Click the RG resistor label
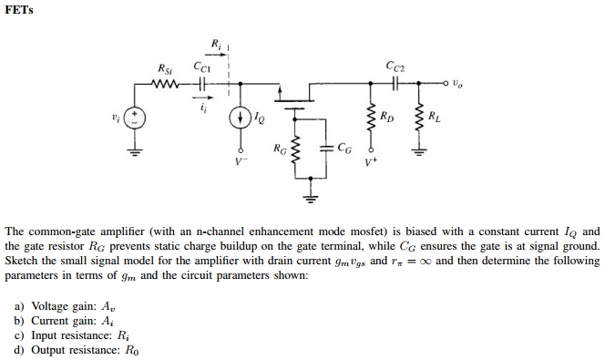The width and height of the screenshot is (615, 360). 280,147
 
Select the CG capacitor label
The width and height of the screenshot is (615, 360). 343,147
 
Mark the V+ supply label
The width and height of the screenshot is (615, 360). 371,163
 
